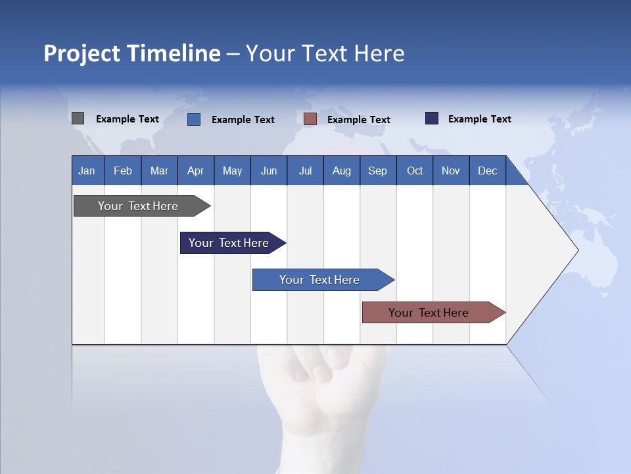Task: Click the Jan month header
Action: click(x=87, y=171)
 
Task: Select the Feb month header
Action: click(x=123, y=171)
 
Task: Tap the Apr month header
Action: click(x=196, y=171)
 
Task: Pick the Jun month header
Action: click(x=269, y=171)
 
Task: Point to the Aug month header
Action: click(x=342, y=171)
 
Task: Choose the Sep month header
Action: click(x=378, y=171)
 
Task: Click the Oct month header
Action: click(x=415, y=171)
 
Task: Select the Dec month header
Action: click(x=488, y=171)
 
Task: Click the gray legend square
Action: click(x=78, y=118)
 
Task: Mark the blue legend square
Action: click(x=194, y=119)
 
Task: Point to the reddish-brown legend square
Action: click(x=310, y=119)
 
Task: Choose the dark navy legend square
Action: click(x=432, y=118)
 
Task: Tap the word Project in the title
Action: click(x=82, y=53)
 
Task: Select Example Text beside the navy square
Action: click(x=479, y=119)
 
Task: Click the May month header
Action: click(x=232, y=171)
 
